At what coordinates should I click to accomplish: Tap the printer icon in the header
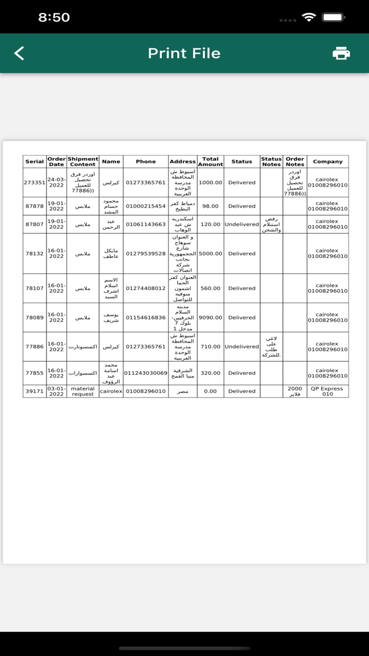pyautogui.click(x=341, y=53)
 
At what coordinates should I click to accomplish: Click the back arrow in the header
pyautogui.click(x=19, y=53)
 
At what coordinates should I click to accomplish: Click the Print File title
pyautogui.click(x=184, y=53)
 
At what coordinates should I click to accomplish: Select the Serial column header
pyautogui.click(x=35, y=161)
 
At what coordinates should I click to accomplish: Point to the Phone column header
pyautogui.click(x=145, y=161)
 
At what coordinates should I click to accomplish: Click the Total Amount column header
pyautogui.click(x=210, y=161)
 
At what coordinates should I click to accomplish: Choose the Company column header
pyautogui.click(x=327, y=161)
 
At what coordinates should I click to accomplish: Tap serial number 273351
pyautogui.click(x=35, y=182)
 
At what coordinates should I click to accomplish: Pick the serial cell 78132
pyautogui.click(x=35, y=254)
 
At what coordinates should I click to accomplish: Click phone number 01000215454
pyautogui.click(x=145, y=206)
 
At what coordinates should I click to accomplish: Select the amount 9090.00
pyautogui.click(x=210, y=317)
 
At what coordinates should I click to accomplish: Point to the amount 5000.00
pyautogui.click(x=210, y=254)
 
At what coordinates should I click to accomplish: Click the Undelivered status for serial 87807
pyautogui.click(x=241, y=224)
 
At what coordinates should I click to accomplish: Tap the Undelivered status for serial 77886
pyautogui.click(x=241, y=346)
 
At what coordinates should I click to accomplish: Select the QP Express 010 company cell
pyautogui.click(x=327, y=391)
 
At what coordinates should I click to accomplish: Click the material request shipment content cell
pyautogui.click(x=83, y=391)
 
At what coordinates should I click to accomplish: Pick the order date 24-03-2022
pyautogui.click(x=56, y=182)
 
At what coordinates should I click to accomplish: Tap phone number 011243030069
pyautogui.click(x=145, y=373)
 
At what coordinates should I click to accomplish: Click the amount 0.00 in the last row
pyautogui.click(x=210, y=391)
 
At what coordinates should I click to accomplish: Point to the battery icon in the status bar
pyautogui.click(x=333, y=17)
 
